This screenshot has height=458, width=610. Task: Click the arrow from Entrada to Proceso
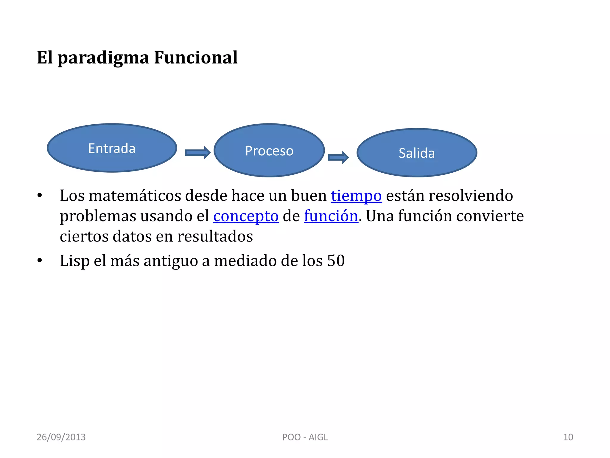[197, 153]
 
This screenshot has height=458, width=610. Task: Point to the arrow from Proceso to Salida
[338, 157]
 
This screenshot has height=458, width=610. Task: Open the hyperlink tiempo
[356, 196]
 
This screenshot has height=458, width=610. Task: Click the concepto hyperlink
[246, 216]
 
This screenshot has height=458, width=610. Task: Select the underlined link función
[331, 216]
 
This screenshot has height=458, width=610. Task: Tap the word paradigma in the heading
[103, 58]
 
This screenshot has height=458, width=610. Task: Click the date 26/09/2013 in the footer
[61, 437]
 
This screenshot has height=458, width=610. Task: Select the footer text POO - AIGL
[305, 437]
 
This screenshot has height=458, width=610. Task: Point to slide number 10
[568, 437]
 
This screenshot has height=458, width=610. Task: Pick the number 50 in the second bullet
[336, 261]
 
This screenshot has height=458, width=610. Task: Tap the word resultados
[215, 236]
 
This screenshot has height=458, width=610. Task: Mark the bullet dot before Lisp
[40, 261]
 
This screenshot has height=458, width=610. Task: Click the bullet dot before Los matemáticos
[40, 196]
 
